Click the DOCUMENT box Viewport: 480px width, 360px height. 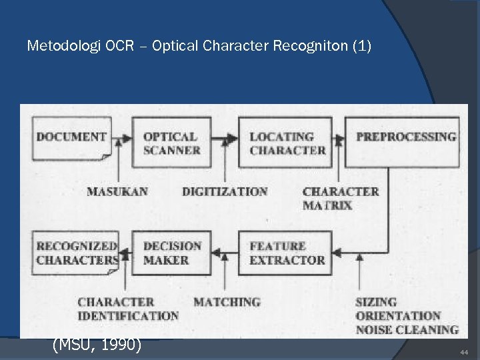[72, 138]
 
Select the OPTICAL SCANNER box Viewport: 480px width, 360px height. [171, 142]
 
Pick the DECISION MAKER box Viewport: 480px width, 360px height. [171, 253]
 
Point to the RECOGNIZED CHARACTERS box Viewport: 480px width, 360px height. [76, 253]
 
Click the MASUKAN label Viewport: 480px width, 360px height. [117, 192]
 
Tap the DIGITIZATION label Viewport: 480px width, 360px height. [225, 192]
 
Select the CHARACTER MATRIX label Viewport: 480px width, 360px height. [340, 198]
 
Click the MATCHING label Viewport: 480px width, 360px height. [227, 303]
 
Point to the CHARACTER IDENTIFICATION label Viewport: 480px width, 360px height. [127, 309]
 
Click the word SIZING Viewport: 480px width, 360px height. [376, 302]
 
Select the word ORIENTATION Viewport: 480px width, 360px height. [398, 315]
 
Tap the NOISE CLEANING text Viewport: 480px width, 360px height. [407, 329]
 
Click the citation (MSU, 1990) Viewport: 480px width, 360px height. [97, 346]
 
